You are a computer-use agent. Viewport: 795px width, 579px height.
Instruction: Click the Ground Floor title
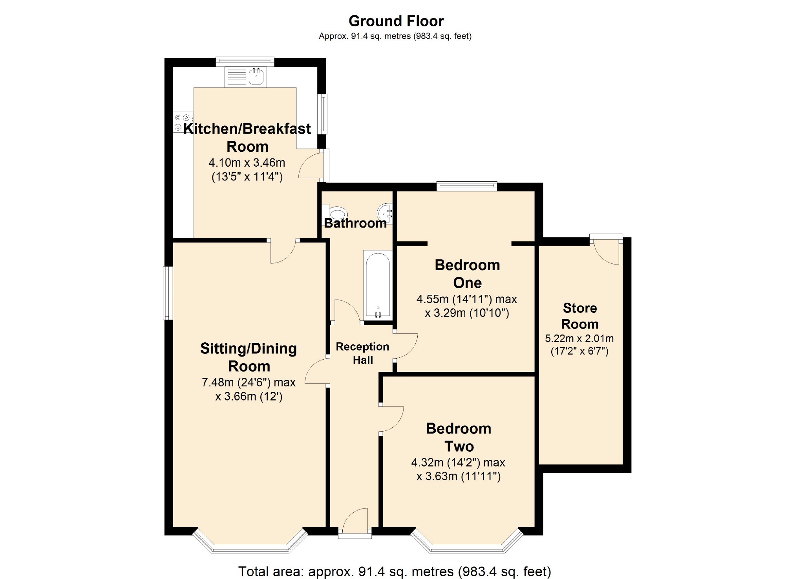coord(396,21)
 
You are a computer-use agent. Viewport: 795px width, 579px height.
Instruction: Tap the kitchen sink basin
coord(256,76)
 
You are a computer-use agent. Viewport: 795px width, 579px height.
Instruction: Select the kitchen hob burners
coord(183,122)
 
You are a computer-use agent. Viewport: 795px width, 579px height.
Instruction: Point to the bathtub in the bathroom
coord(378,285)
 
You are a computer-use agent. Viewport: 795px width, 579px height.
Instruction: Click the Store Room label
coord(580,316)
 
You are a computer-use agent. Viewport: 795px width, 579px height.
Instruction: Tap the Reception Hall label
coord(362,353)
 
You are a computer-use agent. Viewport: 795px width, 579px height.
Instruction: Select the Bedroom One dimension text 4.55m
coord(432,299)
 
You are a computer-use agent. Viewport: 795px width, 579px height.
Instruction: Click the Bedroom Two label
coord(459,437)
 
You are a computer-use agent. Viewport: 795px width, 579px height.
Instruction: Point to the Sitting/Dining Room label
coord(249,357)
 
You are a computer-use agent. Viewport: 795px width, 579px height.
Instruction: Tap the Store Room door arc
coord(606,252)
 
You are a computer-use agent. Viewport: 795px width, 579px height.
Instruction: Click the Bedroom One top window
coord(467,186)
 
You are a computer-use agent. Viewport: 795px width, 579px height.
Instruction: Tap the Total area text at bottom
coord(395,571)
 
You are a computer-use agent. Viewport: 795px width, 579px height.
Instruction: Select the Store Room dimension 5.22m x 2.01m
coord(579,338)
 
